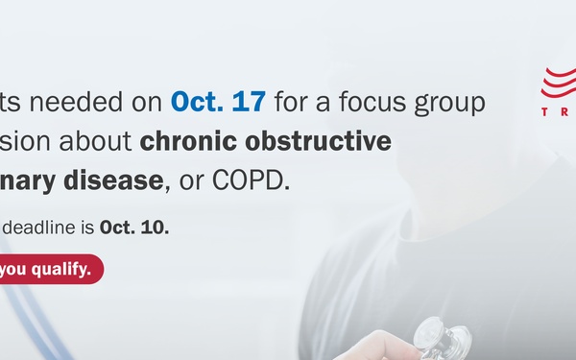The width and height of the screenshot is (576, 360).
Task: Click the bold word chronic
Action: coord(183,140)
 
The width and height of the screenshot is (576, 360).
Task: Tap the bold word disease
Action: coord(123,180)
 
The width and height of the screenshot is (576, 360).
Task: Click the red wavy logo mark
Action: coord(559,86)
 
